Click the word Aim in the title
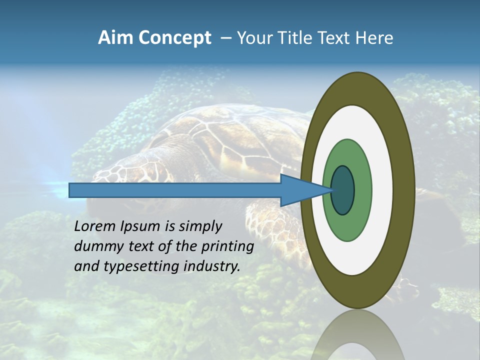point(115,38)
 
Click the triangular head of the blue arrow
point(300,190)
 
